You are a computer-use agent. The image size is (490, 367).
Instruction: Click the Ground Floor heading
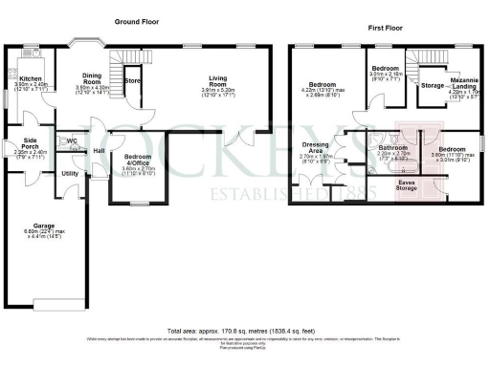coord(138,21)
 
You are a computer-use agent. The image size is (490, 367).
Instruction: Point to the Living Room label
coord(215,85)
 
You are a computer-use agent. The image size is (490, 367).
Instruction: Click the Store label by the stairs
coord(133,82)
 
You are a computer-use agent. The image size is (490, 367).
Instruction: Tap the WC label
coord(72,141)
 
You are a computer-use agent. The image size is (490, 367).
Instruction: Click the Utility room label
coord(70,173)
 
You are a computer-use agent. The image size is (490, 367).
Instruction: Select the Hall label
coord(98,150)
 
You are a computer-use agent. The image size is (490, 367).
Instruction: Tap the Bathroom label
coord(393,148)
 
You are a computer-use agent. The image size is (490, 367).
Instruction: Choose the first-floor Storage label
coord(432,86)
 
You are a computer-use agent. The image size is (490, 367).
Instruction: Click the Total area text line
coord(244,329)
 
